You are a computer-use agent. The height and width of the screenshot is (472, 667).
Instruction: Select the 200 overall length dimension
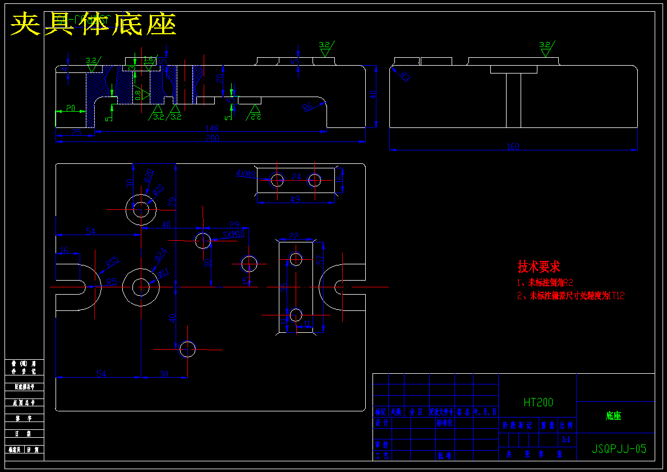[x=212, y=138]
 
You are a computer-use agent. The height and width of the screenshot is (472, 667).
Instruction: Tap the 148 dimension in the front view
[x=211, y=129]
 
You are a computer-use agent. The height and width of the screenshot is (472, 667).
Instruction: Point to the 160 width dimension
[x=513, y=147]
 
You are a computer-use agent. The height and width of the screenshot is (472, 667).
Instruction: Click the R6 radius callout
[x=308, y=107]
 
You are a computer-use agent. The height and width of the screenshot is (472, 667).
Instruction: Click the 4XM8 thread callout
[x=245, y=173]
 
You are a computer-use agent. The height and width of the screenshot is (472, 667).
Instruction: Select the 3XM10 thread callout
[x=233, y=234]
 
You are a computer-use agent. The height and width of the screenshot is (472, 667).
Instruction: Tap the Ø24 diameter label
[x=162, y=254]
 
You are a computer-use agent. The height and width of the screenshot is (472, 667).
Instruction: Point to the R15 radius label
[x=112, y=262]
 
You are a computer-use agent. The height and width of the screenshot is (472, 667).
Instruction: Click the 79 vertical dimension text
[x=173, y=200]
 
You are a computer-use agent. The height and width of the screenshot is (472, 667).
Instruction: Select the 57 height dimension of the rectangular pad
[x=319, y=260]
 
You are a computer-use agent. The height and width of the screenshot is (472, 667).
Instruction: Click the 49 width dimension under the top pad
[x=295, y=199]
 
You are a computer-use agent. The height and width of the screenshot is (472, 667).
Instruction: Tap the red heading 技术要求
[x=539, y=267]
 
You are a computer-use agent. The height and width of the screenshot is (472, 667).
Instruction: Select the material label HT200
[x=538, y=402]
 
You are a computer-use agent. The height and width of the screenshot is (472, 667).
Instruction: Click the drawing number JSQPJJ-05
[x=619, y=449]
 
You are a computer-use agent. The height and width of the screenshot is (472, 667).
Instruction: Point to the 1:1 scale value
[x=566, y=439]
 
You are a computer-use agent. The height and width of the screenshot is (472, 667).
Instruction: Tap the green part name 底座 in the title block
[x=613, y=416]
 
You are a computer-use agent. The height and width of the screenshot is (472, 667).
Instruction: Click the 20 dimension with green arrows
[x=71, y=108]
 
